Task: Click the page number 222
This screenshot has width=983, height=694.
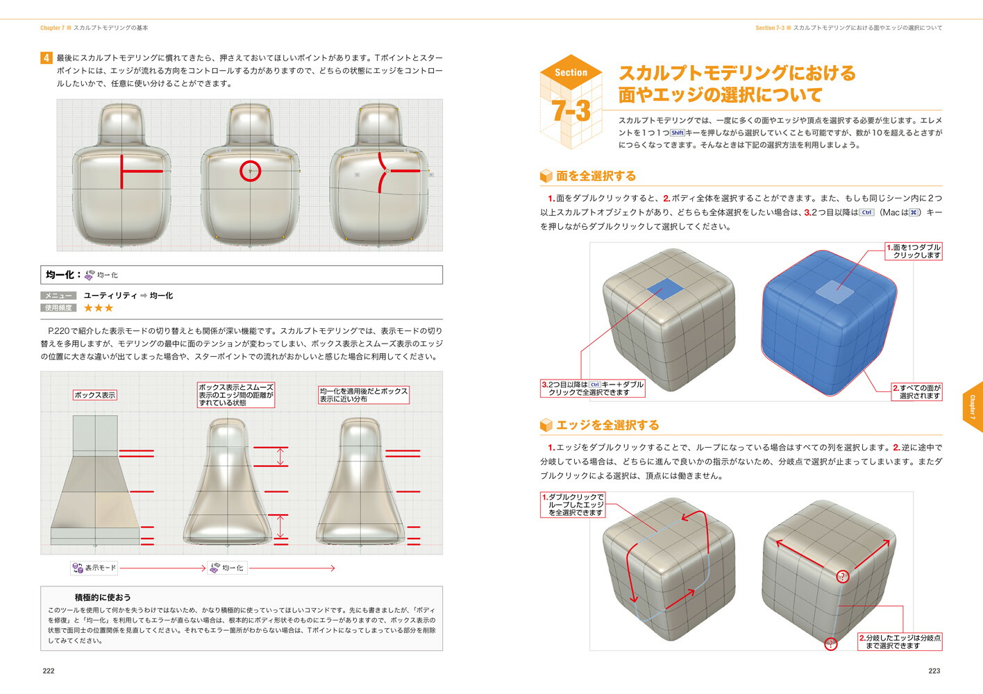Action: (49, 670)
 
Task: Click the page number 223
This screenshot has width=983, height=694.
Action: (934, 670)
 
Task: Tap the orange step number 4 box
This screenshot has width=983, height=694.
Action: (47, 58)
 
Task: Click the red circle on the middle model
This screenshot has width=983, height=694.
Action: (250, 170)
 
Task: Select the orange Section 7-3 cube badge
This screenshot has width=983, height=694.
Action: (571, 101)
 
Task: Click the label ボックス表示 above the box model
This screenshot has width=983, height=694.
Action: (95, 395)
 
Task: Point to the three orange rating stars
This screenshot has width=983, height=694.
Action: (98, 307)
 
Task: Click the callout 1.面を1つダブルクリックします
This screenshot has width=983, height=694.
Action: (914, 251)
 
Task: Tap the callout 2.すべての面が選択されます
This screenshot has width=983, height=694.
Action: (916, 392)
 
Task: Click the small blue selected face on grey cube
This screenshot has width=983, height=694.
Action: (664, 289)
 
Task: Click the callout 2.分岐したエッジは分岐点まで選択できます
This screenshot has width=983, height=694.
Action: (900, 642)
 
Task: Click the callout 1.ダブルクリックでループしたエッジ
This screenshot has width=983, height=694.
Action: (573, 505)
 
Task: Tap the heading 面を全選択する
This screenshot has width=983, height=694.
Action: (596, 176)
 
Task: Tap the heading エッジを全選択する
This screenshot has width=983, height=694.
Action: (607, 425)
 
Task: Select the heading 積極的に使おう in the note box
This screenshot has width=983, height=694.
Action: (103, 597)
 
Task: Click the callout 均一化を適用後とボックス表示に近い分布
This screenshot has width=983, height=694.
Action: (363, 395)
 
